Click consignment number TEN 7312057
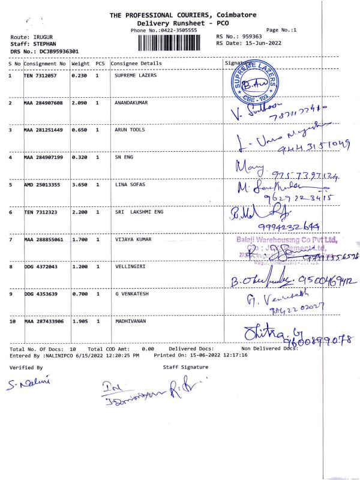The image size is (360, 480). tap(41, 76)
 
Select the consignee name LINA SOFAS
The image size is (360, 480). tap(130, 185)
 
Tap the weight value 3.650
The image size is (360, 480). tap(80, 185)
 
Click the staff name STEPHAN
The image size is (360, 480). tap(45, 44)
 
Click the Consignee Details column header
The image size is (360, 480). tap(136, 63)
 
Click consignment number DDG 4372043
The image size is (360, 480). tap(41, 267)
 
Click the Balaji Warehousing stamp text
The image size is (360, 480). tap(287, 241)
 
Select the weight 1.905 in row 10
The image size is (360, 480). tap(80, 322)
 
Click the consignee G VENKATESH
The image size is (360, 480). tap(132, 295)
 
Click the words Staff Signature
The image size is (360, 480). tap(185, 367)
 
